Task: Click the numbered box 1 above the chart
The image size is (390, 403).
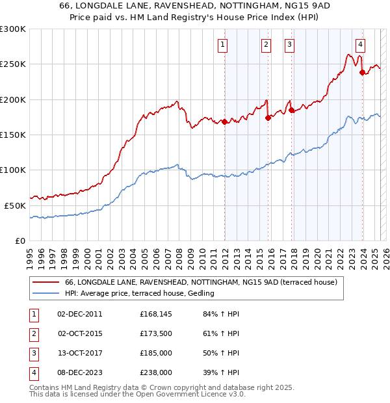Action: (x=222, y=45)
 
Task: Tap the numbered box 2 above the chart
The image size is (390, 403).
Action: (x=266, y=45)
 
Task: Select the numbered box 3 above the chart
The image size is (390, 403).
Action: (x=289, y=45)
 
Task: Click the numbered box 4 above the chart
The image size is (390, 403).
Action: (x=360, y=45)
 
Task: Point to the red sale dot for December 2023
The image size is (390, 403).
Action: (x=362, y=73)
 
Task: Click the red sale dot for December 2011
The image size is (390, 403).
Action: (x=224, y=122)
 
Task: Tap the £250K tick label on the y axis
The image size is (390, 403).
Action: (x=13, y=64)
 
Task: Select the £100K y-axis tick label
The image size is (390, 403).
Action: (x=13, y=170)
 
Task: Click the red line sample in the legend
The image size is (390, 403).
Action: (x=45, y=283)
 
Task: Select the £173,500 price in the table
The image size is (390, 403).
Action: (x=156, y=333)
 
